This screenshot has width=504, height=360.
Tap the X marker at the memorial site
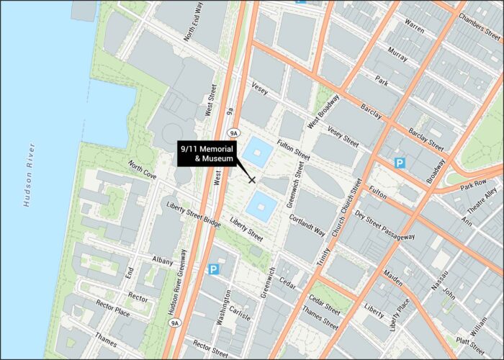click(252, 179)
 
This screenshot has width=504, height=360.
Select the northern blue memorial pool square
click(258, 153)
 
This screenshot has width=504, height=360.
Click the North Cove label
click(143, 170)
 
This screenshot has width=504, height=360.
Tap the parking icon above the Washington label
click(213, 269)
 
